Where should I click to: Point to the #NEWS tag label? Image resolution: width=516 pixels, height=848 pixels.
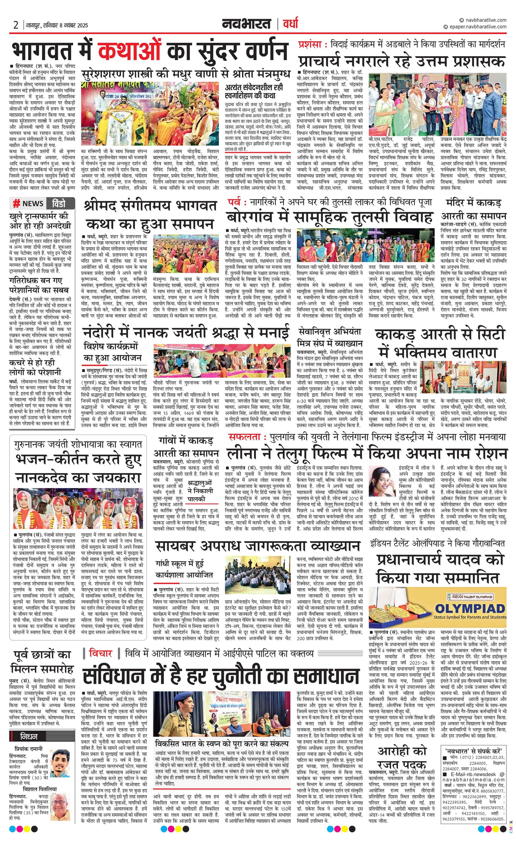click(28, 203)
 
